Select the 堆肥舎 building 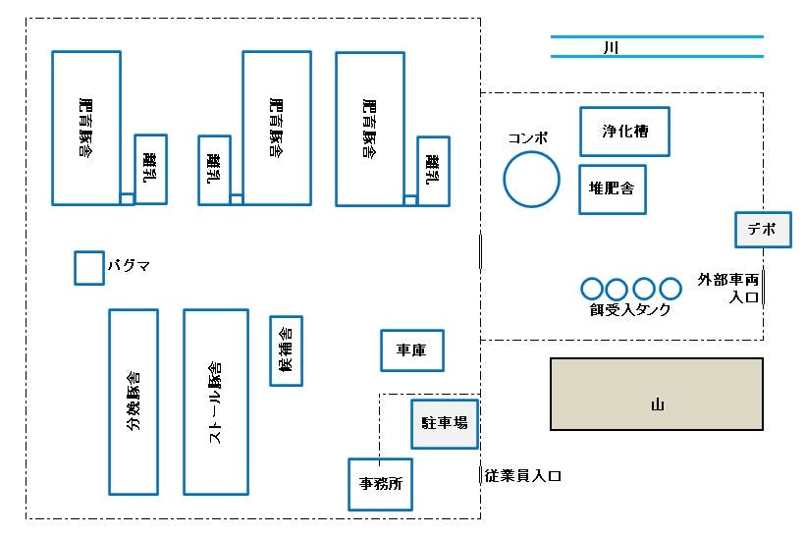pos(613,189)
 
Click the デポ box pos(763,230)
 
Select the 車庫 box pos(411,350)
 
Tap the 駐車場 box pos(444,423)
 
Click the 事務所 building pos(380,484)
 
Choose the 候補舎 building pos(286,350)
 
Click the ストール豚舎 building pos(215,402)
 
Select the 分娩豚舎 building pos(134,402)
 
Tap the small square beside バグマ pos(89,268)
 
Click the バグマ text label pos(128,266)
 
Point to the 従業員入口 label pos(522,476)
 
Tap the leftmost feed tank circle pos(592,289)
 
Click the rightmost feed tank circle pos(671,289)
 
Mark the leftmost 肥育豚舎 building pos(86,128)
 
